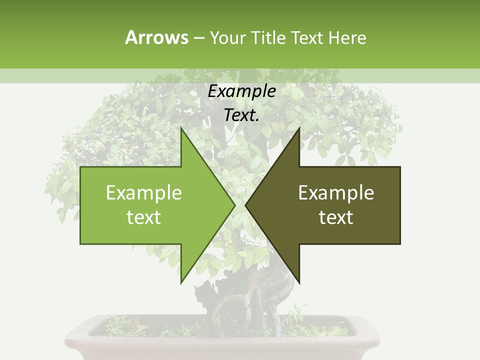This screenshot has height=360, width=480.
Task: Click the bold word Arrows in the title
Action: coord(156,37)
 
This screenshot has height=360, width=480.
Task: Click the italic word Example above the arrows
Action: coord(241,91)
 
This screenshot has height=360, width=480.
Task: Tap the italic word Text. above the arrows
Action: coord(241,115)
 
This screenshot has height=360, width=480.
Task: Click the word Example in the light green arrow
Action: coord(143,192)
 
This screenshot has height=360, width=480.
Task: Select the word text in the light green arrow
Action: coord(143,217)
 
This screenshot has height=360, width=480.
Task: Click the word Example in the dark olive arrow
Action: coord(336,192)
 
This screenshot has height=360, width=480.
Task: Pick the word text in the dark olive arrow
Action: coord(336,217)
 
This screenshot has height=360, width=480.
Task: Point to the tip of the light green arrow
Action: coord(235,205)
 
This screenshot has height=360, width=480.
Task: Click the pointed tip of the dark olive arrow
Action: coord(245,205)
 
